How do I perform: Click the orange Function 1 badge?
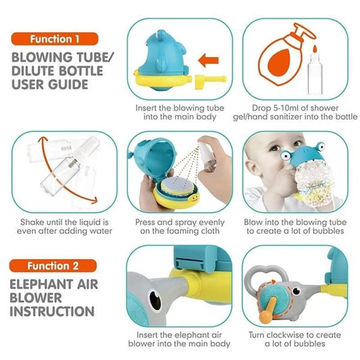pos(55,38)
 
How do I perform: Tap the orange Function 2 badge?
pos(53,266)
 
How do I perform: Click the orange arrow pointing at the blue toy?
pos(208,61)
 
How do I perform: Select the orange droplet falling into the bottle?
pos(315,49)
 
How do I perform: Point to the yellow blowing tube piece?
pos(210,81)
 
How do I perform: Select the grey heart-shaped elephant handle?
pos(266,276)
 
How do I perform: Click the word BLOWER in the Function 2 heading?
pos(36,298)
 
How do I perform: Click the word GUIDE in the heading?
pos(68,84)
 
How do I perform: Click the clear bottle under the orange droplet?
pos(315,74)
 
